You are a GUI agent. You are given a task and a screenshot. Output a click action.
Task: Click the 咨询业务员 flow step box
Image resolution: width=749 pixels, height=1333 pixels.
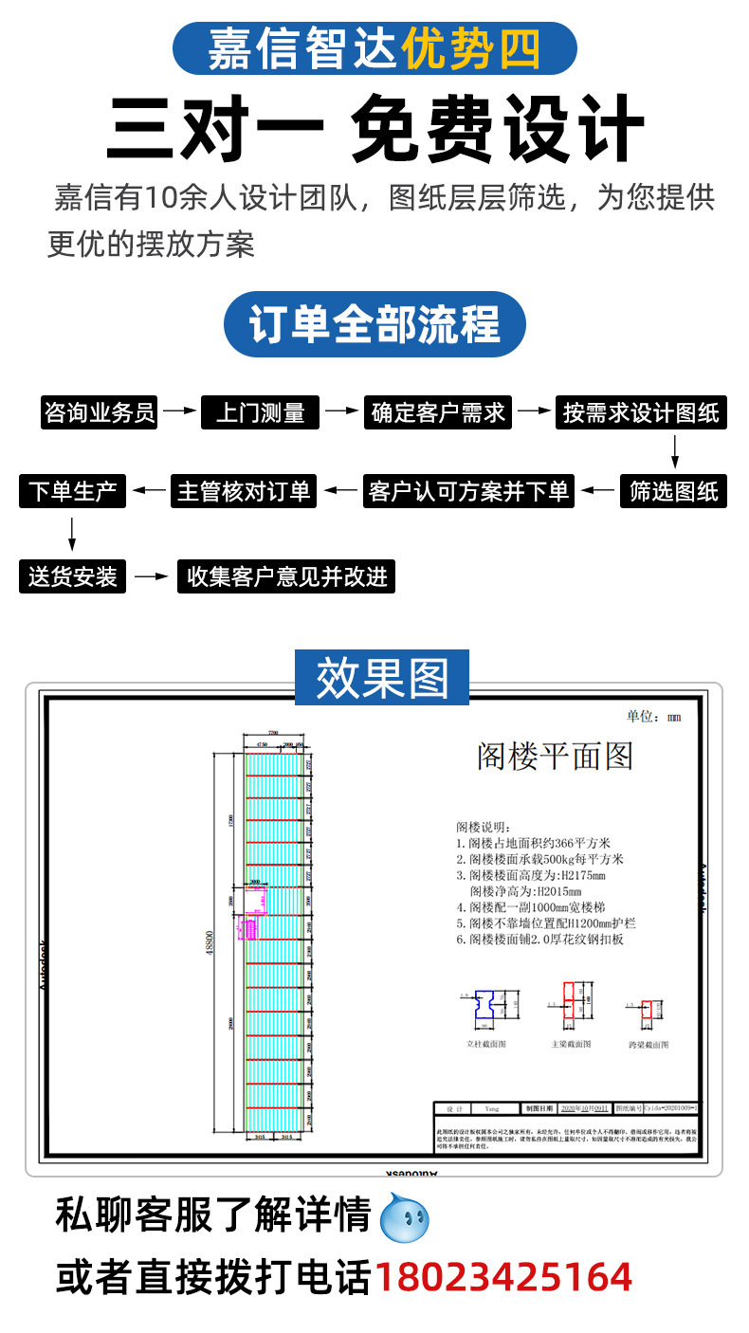100,413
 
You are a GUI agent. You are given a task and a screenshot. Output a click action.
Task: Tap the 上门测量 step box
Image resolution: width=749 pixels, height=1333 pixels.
260,413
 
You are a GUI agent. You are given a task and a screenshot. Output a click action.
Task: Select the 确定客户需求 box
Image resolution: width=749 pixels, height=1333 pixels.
438,413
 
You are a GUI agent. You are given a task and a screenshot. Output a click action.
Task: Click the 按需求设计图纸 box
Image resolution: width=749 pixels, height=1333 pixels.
640,413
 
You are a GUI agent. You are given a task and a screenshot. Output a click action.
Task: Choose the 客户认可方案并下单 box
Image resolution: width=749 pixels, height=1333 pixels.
468,491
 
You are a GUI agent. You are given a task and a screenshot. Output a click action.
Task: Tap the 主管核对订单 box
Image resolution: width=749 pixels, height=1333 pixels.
244,491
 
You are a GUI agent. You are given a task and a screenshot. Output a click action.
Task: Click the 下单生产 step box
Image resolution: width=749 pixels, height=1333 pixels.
72,491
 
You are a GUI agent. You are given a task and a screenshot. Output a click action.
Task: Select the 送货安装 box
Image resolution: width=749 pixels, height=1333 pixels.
72,576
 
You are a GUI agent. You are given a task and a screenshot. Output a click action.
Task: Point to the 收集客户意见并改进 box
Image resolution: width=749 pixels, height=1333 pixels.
286,576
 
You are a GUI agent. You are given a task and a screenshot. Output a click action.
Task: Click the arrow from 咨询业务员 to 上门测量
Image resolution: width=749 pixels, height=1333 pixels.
178,412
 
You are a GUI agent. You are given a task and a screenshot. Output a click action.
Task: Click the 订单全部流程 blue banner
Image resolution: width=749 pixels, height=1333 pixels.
374,325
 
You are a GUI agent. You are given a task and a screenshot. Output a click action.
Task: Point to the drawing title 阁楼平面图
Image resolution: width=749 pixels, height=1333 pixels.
555,756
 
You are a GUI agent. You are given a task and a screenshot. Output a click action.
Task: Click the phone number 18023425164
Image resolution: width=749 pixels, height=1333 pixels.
503,1276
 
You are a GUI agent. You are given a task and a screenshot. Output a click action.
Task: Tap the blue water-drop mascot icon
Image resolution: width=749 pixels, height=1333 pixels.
404,1218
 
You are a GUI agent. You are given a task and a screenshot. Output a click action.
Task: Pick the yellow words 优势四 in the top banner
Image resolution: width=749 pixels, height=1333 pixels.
471,49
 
